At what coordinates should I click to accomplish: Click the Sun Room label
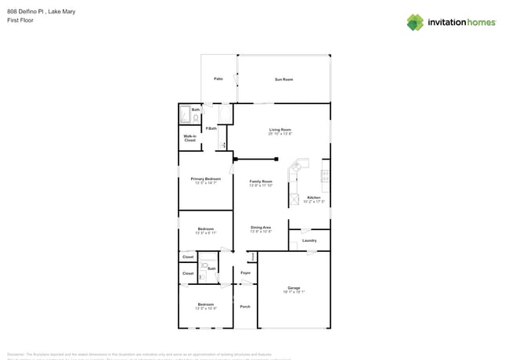click(x=283, y=79)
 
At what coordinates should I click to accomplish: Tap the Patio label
click(x=218, y=79)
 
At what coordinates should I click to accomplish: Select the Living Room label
click(x=280, y=130)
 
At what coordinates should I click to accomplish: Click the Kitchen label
click(x=313, y=198)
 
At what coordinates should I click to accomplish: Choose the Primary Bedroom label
click(x=206, y=179)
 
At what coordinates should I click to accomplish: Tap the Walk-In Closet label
click(x=190, y=138)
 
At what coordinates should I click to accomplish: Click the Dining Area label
click(x=261, y=228)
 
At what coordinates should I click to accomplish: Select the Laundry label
click(x=309, y=240)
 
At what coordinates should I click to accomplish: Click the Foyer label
click(x=245, y=272)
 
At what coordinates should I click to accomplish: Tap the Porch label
click(x=245, y=306)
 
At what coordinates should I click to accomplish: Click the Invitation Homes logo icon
click(x=415, y=22)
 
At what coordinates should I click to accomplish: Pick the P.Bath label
click(x=211, y=128)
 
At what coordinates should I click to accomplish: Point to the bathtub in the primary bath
click(x=225, y=114)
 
